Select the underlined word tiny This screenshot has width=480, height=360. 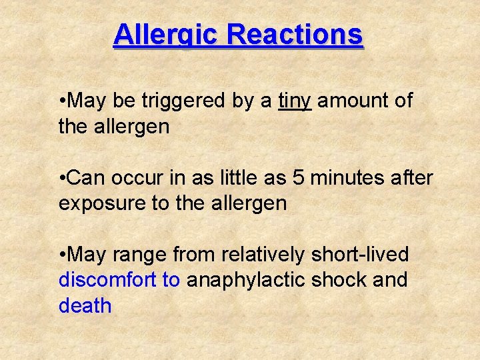[x=295, y=101]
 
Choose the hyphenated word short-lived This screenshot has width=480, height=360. [x=358, y=255]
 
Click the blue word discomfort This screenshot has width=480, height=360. [x=108, y=280]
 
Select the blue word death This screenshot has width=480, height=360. [x=85, y=306]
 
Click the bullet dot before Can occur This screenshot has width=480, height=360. [x=62, y=179]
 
